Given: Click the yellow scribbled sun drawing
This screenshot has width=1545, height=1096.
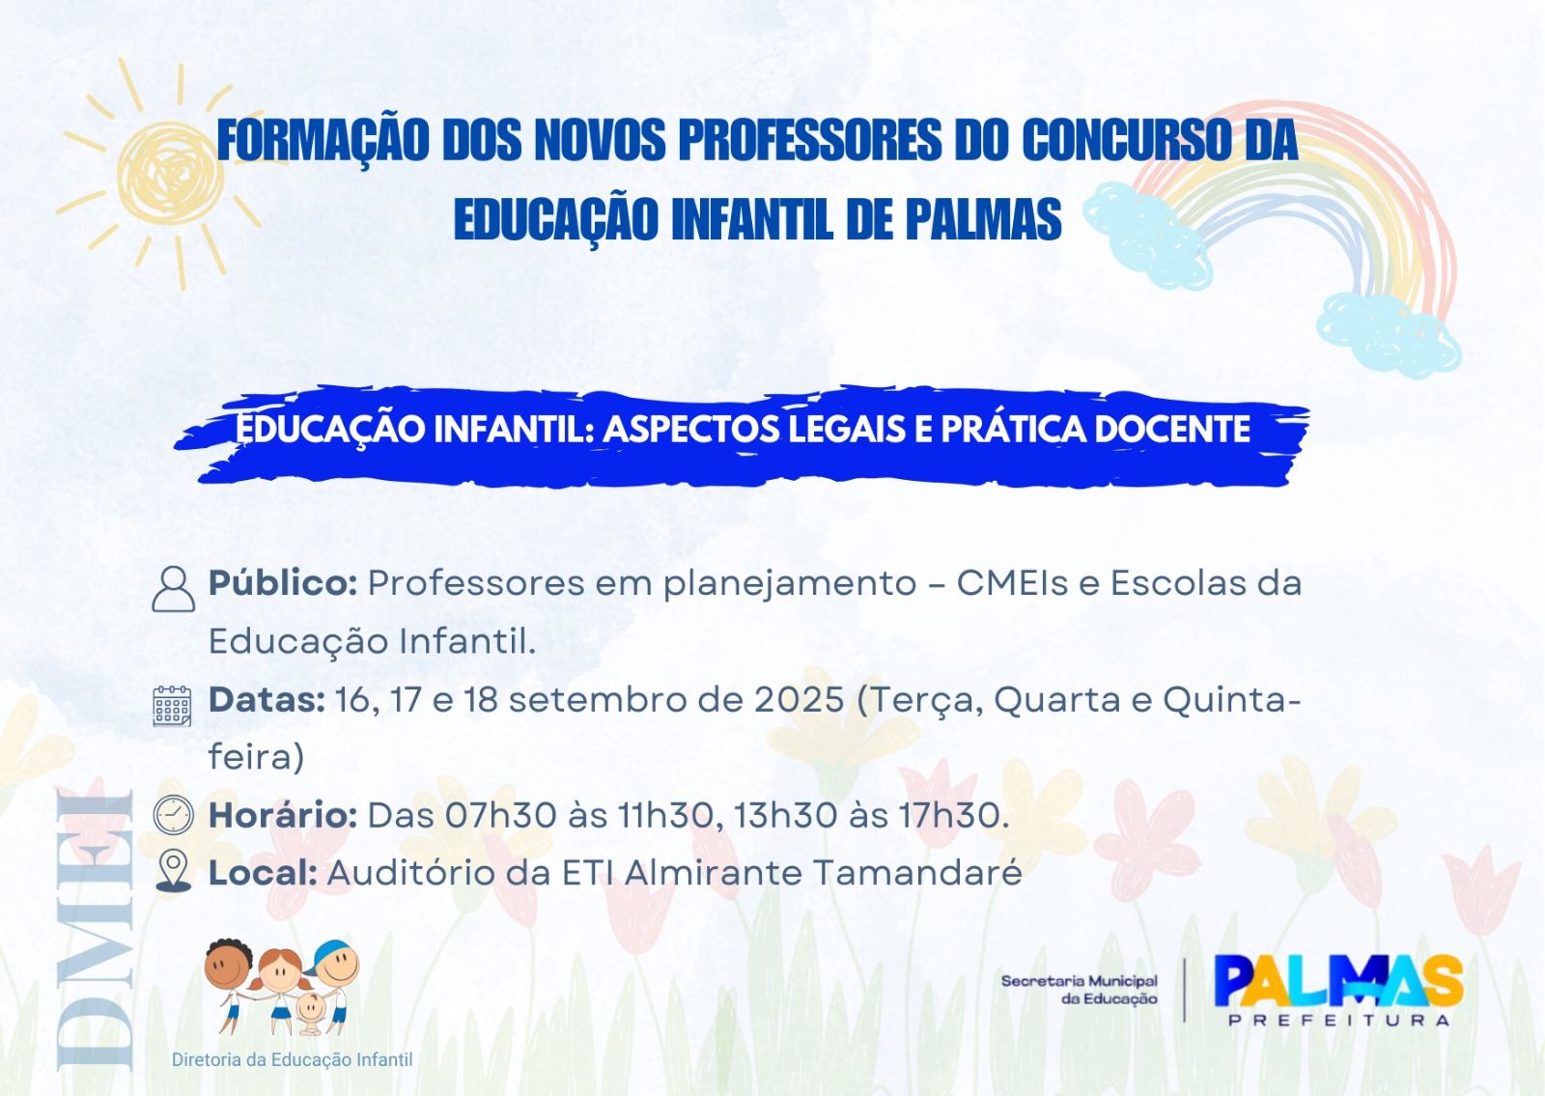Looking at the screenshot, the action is click(169, 173).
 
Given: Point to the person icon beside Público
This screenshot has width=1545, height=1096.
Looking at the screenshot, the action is click(173, 589).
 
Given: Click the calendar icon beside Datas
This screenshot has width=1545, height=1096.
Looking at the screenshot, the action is click(173, 706).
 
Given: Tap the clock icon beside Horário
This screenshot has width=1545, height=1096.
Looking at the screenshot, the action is click(173, 815).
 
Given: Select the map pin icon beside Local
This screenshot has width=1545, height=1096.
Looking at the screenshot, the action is click(173, 872).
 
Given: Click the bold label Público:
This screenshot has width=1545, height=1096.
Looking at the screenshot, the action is click(283, 583).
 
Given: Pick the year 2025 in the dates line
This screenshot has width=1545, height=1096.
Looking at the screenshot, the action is click(799, 700).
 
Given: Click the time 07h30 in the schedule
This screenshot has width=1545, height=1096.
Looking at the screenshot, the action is click(501, 815).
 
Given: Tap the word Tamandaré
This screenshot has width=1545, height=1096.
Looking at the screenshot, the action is click(917, 873).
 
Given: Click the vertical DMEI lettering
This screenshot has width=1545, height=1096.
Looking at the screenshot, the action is click(95, 931).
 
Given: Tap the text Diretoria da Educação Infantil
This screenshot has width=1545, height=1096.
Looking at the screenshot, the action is click(292, 1060).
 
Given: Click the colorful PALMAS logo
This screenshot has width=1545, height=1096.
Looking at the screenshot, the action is click(1338, 981).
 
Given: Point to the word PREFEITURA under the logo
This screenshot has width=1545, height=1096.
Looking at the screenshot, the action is click(1338, 1020).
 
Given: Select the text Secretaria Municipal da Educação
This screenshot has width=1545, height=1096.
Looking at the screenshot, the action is click(1080, 990).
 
